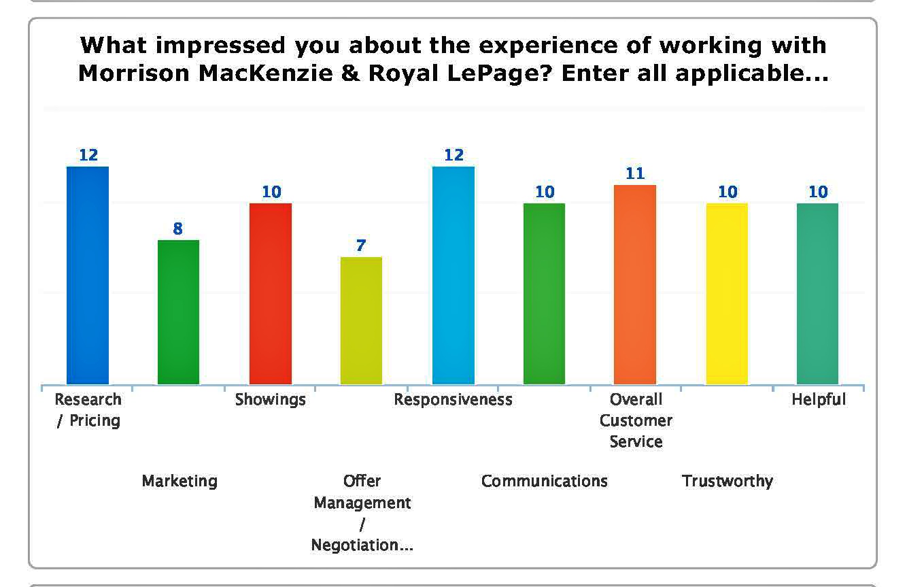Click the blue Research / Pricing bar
point(88,275)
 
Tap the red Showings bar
point(271,293)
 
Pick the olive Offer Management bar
point(361,320)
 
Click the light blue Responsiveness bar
point(453,275)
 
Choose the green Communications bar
point(544,293)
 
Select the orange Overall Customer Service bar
point(635,284)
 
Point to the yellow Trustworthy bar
point(727,293)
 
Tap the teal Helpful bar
point(817,293)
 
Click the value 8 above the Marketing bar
point(178,229)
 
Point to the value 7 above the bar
point(361,246)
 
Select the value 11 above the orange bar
point(635,173)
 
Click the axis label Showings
point(271,399)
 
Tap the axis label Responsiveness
point(453,399)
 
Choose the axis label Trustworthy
point(728,481)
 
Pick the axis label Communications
point(545,481)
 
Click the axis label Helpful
point(819,399)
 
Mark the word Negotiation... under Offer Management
point(362,546)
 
